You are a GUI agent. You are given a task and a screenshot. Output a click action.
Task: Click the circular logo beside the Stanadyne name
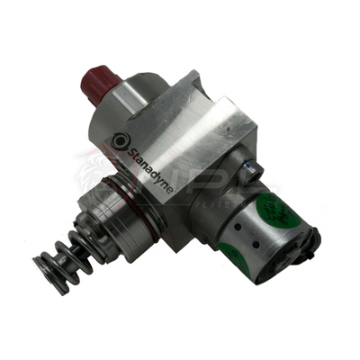click(x=120, y=139)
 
